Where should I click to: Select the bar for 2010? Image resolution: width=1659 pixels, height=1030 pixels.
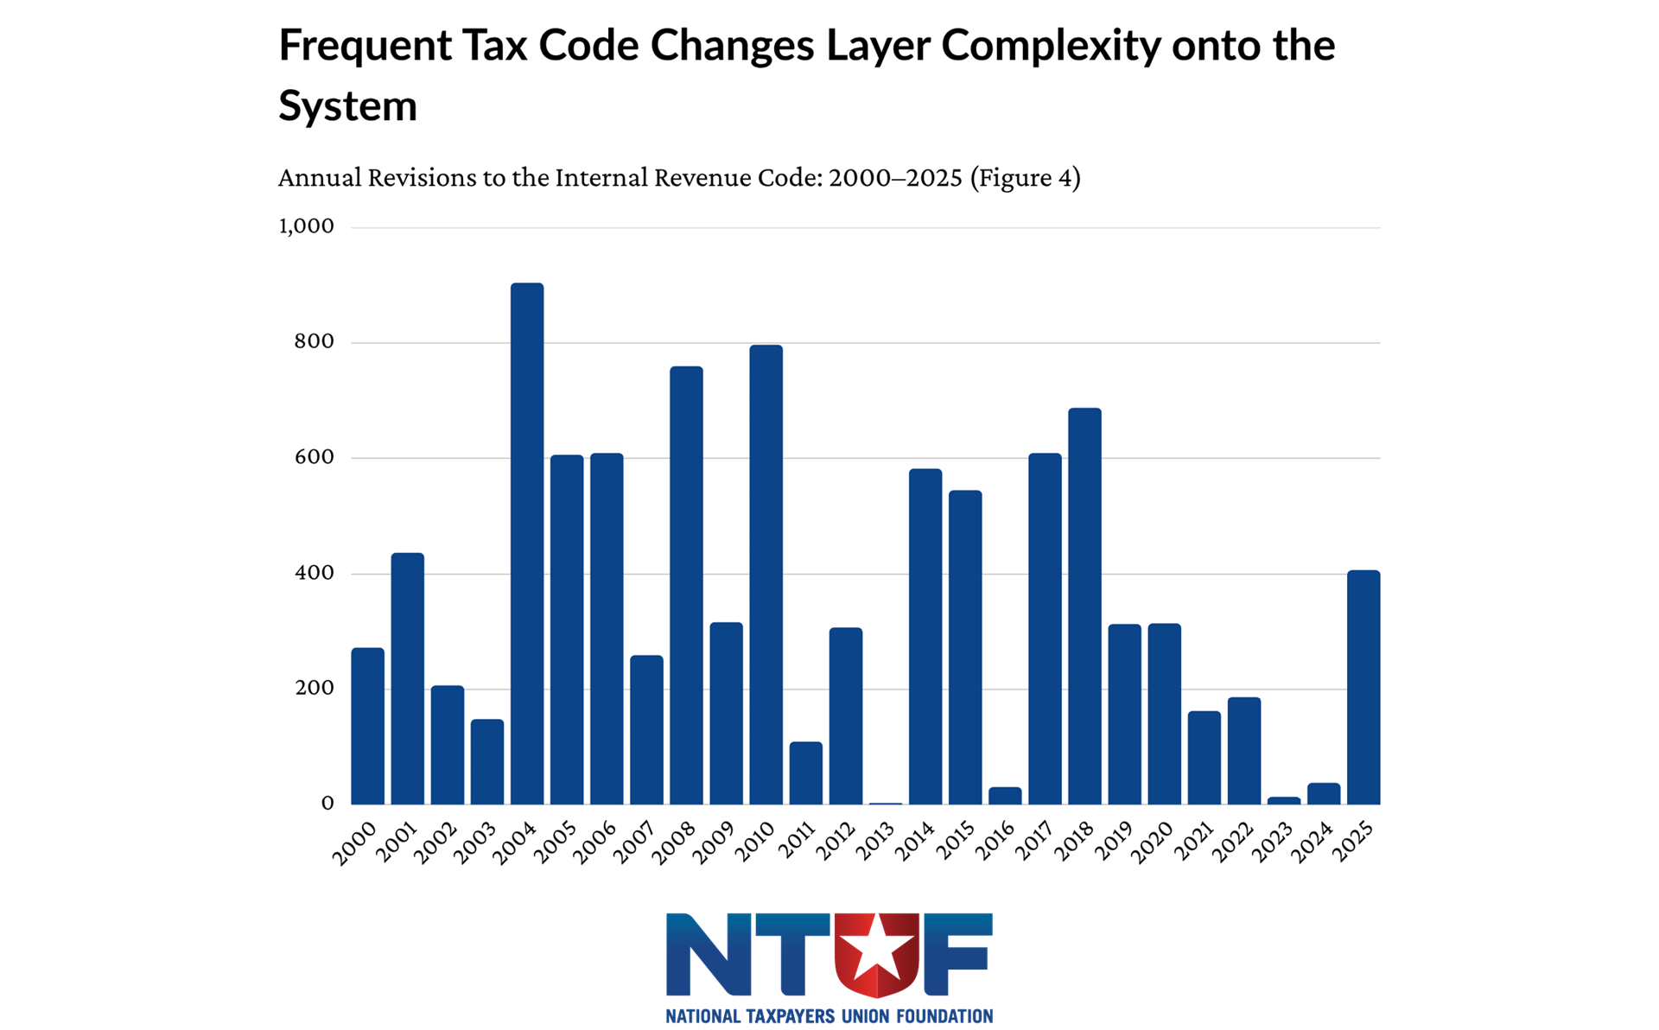766,575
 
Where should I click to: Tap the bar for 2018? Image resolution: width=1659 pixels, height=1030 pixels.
1084,606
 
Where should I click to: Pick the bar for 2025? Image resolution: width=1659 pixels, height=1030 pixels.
1363,687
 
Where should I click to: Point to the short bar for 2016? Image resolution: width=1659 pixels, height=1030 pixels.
1005,796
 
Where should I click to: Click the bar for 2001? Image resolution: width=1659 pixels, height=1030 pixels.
407,678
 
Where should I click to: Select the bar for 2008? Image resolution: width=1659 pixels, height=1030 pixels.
686,585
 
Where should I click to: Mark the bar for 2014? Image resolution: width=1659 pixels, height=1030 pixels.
925,636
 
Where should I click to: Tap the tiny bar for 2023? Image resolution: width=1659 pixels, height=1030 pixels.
1284,801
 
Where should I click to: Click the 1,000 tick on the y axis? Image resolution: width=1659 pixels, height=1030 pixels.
306,226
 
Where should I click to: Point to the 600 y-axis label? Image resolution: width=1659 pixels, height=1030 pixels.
314,457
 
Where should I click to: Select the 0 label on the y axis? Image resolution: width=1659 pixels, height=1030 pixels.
327,804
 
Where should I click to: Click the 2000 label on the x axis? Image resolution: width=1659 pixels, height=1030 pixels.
355,842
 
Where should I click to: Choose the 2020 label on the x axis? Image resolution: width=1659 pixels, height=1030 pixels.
1153,842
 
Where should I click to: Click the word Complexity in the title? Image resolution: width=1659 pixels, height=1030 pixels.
1051,46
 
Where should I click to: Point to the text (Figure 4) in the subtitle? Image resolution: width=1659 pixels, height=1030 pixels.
1025,178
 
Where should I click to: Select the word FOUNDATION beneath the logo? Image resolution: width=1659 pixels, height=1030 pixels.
944,1016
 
